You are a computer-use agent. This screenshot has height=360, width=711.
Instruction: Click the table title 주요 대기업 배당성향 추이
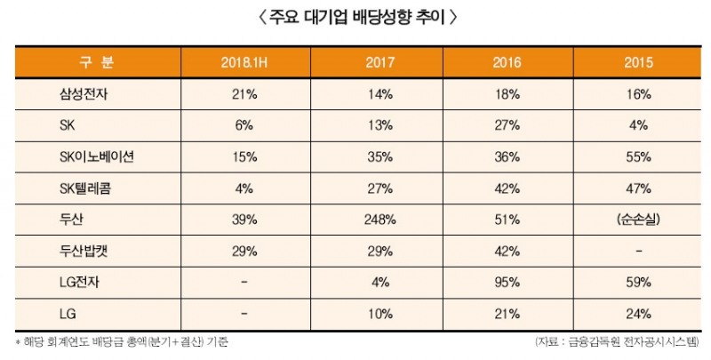(x=355, y=18)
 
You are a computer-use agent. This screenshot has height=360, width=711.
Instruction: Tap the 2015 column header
(x=637, y=63)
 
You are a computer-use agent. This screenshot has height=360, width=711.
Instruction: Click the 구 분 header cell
(x=98, y=63)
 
